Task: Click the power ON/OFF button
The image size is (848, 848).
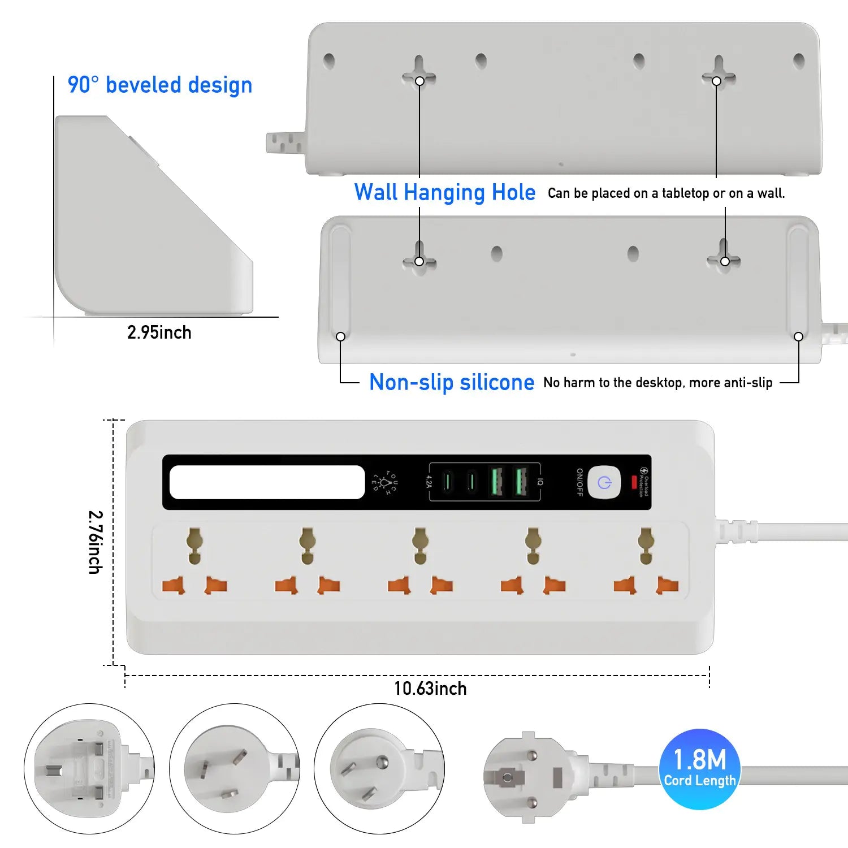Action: click(604, 483)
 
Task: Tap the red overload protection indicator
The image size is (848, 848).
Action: click(634, 482)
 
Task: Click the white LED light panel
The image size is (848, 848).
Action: click(267, 482)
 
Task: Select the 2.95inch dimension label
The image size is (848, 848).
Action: click(159, 332)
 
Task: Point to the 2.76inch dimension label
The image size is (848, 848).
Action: click(96, 542)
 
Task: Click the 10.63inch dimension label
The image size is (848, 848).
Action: click(430, 689)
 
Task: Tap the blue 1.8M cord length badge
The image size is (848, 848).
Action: click(699, 769)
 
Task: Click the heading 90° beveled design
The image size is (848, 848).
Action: click(160, 85)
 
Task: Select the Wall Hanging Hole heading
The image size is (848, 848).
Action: click(444, 192)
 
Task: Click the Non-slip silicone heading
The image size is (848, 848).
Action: click(451, 382)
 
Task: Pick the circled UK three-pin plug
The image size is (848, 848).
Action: click(89, 769)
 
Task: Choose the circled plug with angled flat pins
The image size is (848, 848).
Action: click(234, 769)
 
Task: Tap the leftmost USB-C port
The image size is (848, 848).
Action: click(447, 482)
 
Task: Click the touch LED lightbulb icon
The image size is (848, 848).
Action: click(385, 482)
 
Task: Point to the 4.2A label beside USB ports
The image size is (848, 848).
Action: click(429, 482)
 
